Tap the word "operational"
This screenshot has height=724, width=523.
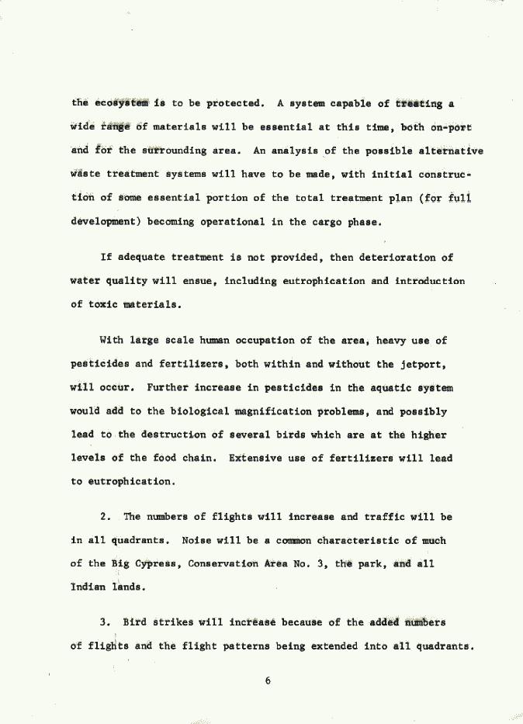point(234,222)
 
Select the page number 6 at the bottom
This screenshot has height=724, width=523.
point(266,681)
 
